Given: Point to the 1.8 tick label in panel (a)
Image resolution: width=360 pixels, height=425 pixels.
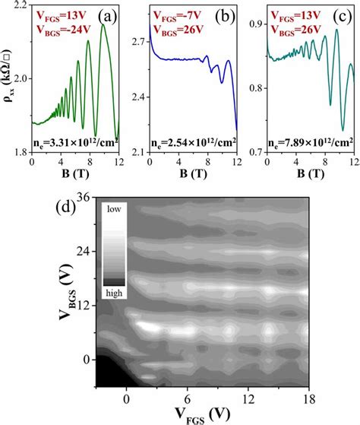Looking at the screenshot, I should [x=17, y=153].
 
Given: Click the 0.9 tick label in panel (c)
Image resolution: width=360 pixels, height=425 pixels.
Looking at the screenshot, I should [x=257, y=24].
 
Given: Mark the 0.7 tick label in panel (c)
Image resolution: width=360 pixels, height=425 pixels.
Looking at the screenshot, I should [x=257, y=153].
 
